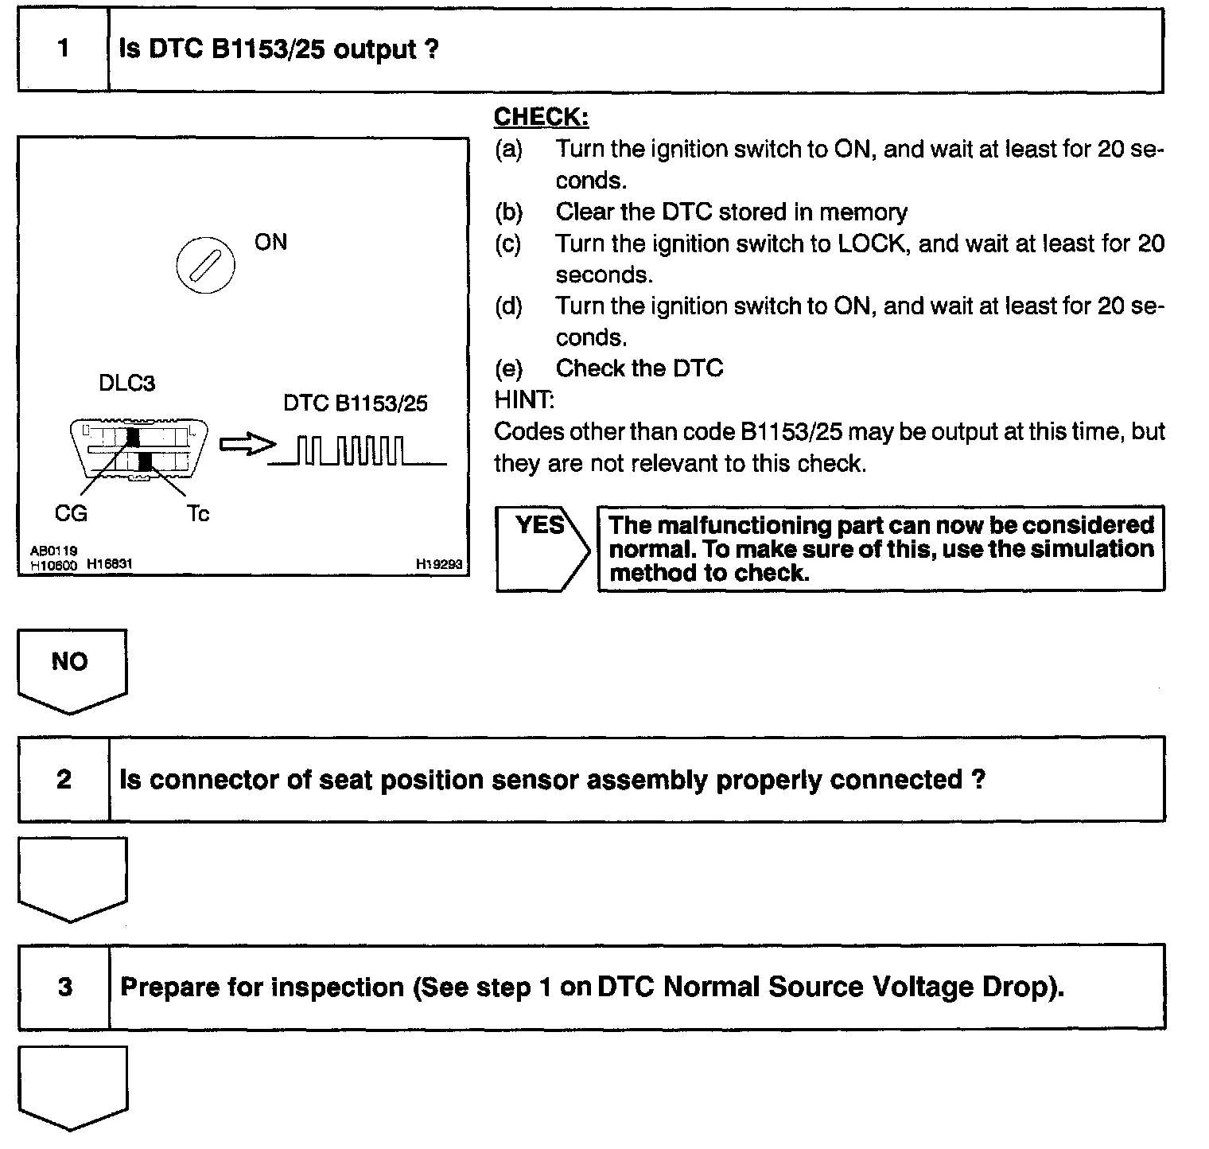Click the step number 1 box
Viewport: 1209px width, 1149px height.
[63, 49]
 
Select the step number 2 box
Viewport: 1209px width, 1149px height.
[64, 779]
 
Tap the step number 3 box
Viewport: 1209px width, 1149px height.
[64, 987]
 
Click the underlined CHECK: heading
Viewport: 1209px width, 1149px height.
[541, 117]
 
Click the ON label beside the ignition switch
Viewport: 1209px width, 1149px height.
[270, 242]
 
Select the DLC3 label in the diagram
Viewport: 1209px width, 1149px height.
[126, 384]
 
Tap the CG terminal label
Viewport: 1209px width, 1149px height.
[71, 514]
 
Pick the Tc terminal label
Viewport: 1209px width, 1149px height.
[198, 514]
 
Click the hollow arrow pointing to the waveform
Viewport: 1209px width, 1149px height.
[246, 446]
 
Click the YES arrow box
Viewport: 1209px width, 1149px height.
[542, 547]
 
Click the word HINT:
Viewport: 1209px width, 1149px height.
[524, 399]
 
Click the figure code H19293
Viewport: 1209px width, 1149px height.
[438, 564]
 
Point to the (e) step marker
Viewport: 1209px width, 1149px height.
[509, 368]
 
